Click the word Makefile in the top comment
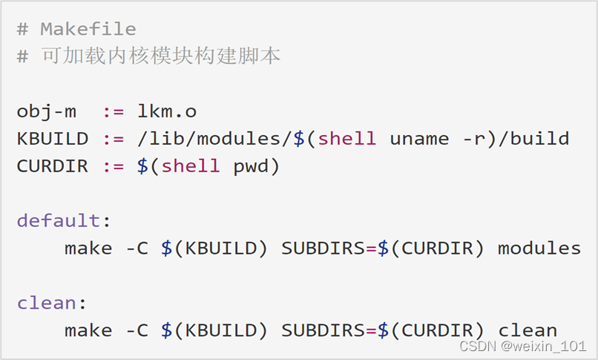tap(88, 29)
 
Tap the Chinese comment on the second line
tap(160, 56)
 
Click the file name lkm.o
tap(166, 111)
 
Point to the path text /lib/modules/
tap(214, 139)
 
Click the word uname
tap(419, 139)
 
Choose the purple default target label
tap(58, 220)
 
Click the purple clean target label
tap(46, 303)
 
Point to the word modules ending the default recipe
tap(539, 248)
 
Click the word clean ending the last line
tap(528, 330)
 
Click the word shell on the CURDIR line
tap(191, 166)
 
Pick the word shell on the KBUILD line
tap(347, 139)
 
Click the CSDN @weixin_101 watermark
tap(523, 347)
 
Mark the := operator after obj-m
tap(112, 111)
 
